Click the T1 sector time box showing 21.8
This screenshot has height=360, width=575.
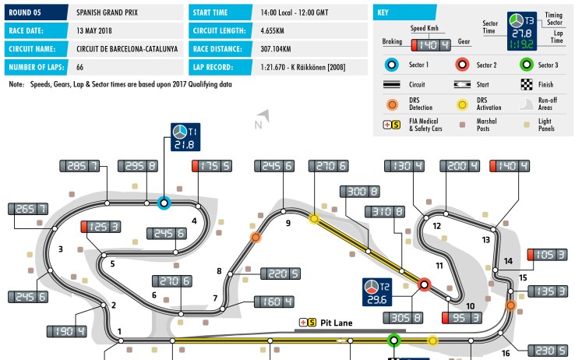tap(185, 137)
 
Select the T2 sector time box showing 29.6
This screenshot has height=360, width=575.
tap(377, 292)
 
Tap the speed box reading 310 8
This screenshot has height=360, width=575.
tap(385, 211)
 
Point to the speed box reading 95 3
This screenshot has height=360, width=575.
tap(462, 318)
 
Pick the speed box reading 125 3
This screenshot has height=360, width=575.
tap(101, 227)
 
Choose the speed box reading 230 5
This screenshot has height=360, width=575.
tap(548, 351)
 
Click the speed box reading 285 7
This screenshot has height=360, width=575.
tap(79, 166)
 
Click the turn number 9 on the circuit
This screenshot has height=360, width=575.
tap(288, 223)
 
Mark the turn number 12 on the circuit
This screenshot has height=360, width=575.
tap(436, 226)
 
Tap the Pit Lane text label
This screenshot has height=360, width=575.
tap(337, 323)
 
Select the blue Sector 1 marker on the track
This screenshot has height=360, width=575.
tap(164, 203)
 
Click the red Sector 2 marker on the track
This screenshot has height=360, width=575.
tap(425, 284)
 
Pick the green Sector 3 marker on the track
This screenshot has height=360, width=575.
tap(393, 341)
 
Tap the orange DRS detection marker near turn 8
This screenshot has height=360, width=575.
tap(256, 238)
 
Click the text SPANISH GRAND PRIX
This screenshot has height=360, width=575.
tap(107, 12)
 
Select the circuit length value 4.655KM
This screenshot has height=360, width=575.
tap(273, 31)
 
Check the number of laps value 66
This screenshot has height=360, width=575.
tap(80, 68)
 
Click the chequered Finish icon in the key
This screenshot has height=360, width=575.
tap(527, 85)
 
